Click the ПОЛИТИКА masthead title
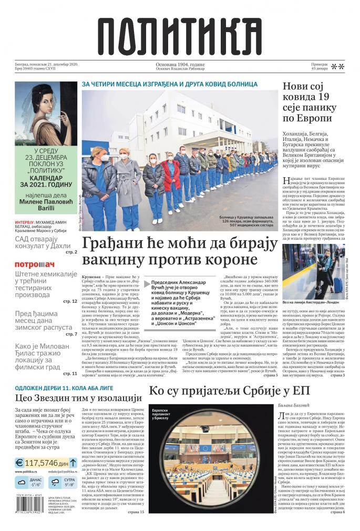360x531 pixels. [x=179, y=33]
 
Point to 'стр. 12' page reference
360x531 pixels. [x=70, y=301]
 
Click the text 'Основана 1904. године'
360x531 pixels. [x=180, y=64]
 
